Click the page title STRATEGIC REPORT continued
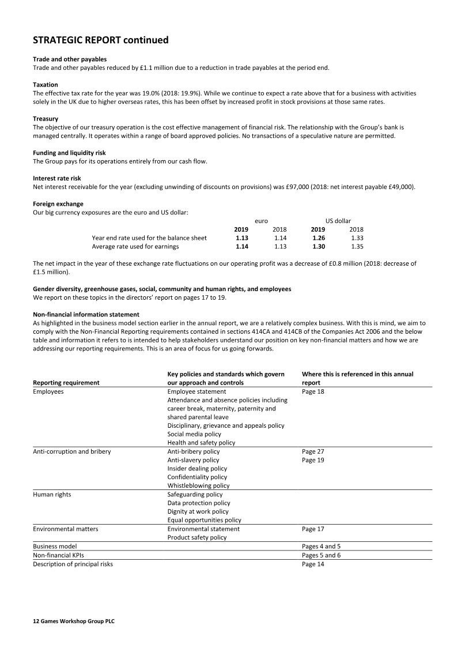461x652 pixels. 101,40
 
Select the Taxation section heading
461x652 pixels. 46,85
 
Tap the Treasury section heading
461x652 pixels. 46,119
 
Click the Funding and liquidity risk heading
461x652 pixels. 69,153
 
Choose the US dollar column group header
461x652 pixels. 338,221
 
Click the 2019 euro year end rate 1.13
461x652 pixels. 241,238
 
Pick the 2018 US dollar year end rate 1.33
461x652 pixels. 357,238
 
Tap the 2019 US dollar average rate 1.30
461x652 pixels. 318,246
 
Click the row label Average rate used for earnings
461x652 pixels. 135,246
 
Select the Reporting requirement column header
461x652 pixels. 66,382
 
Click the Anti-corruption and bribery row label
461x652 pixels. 72,451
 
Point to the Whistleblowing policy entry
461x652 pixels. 198,485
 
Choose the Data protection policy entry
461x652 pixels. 198,503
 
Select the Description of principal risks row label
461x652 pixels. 73,564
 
